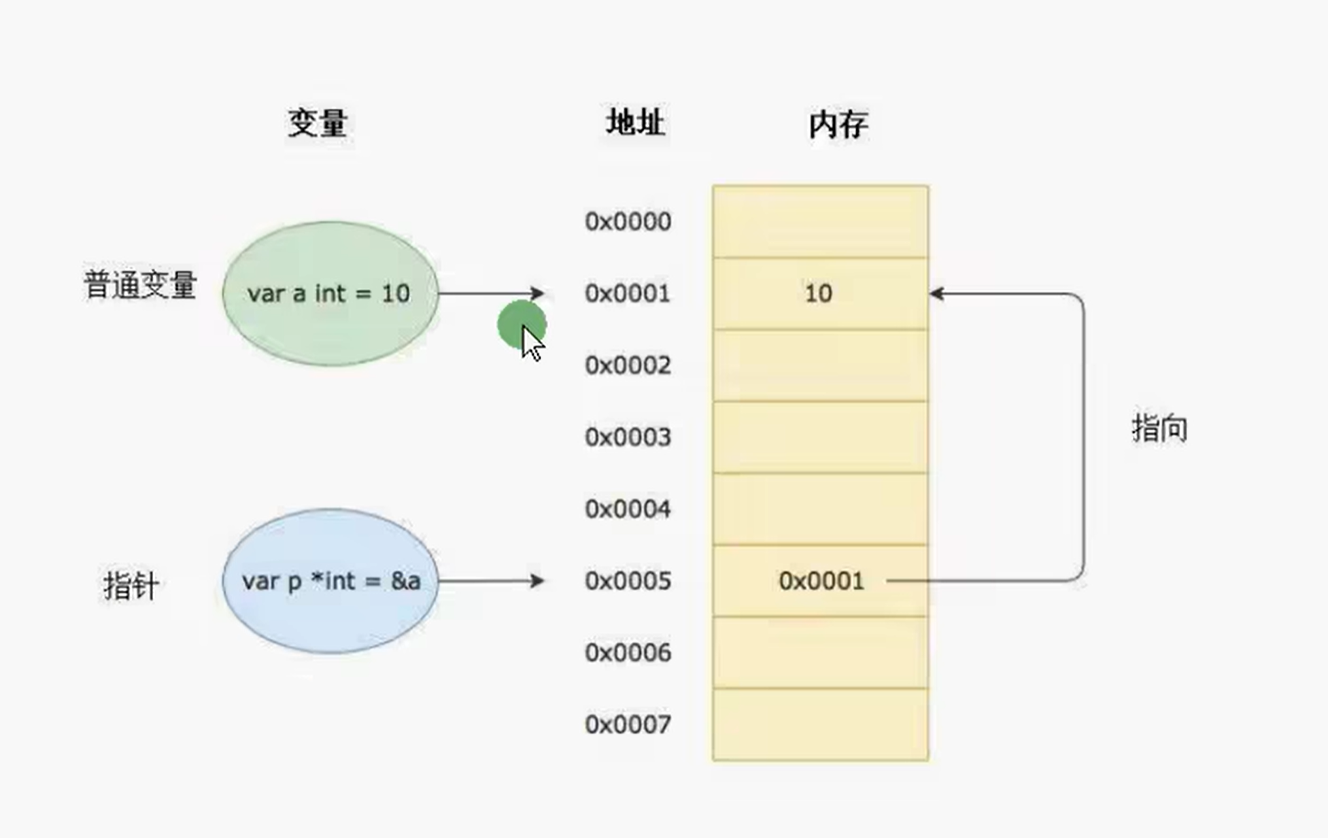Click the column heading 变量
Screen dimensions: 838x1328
318,123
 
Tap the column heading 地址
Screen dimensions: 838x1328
635,123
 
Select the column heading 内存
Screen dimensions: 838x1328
838,124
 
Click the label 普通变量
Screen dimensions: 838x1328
140,284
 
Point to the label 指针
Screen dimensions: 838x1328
131,586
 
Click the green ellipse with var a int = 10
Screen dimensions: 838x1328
330,293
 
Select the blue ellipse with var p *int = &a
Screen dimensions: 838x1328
330,581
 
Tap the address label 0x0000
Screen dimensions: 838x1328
628,222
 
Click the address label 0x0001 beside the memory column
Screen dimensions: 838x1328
628,293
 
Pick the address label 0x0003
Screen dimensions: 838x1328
628,437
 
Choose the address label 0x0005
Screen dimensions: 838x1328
628,581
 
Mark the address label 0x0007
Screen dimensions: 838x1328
628,724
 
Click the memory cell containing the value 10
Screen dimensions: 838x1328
819,293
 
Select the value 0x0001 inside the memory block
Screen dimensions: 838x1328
821,581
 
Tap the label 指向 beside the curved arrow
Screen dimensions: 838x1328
1159,429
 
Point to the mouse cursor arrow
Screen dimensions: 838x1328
532,344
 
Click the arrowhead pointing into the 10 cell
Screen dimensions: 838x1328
937,293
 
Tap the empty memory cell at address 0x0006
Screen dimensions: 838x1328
820,652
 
